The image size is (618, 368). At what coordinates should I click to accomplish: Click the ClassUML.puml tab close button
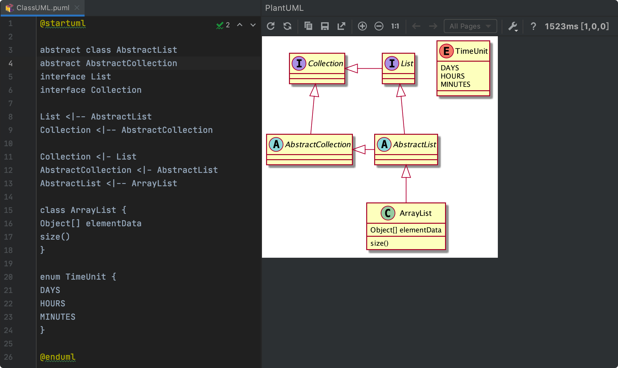click(x=77, y=8)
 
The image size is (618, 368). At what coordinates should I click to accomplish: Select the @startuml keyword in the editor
click(x=63, y=23)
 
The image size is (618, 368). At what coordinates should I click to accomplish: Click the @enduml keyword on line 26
click(x=58, y=357)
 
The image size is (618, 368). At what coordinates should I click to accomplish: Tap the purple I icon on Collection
click(x=299, y=63)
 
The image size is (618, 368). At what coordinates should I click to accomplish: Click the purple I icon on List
click(x=392, y=63)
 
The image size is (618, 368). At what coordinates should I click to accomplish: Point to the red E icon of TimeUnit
click(x=446, y=51)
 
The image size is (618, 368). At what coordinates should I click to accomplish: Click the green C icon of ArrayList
click(x=388, y=213)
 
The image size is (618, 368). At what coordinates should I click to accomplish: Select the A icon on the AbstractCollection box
click(x=276, y=144)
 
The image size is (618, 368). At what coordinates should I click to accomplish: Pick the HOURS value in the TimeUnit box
click(x=453, y=76)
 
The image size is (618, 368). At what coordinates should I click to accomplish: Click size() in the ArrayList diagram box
click(x=380, y=243)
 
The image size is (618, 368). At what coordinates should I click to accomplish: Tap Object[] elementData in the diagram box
click(x=406, y=230)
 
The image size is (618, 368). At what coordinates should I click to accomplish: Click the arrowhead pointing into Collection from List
click(x=351, y=68)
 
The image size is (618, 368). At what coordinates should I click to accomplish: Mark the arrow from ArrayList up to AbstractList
click(x=406, y=184)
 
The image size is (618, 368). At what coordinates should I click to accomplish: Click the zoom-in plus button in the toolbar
click(x=362, y=26)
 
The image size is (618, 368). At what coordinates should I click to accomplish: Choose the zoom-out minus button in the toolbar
click(x=379, y=26)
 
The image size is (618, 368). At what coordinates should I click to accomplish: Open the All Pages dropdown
click(x=470, y=26)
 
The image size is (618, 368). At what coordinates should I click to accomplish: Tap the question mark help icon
click(x=533, y=26)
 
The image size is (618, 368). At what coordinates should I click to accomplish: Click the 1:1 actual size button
click(x=395, y=26)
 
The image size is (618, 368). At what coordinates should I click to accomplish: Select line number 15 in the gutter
click(x=8, y=210)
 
